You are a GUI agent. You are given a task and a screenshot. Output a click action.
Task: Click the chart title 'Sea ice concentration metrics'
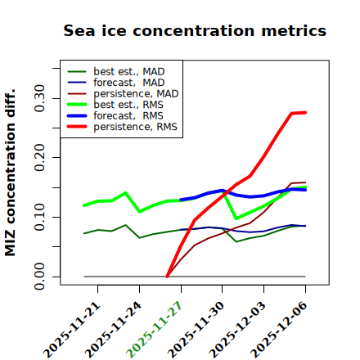click(x=195, y=30)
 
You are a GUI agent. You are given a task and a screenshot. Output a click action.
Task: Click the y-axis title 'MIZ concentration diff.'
click(x=10, y=173)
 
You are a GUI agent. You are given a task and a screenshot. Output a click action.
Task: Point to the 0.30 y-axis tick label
click(x=39, y=98)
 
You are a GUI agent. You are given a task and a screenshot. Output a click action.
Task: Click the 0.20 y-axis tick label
click(x=39, y=157)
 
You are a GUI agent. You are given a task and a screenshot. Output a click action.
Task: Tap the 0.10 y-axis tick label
click(x=39, y=217)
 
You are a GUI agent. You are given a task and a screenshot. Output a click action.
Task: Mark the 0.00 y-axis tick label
click(x=39, y=277)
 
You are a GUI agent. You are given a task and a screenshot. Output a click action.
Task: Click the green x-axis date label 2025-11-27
click(x=155, y=330)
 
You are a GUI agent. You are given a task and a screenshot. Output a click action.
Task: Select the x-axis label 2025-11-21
click(x=72, y=330)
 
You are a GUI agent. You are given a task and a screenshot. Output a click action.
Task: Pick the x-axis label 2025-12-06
click(x=279, y=330)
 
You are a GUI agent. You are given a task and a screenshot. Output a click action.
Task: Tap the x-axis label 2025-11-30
click(x=196, y=330)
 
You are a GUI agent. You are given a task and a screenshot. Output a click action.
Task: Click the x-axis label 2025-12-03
click(x=237, y=330)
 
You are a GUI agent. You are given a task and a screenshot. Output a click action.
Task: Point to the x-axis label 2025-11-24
click(x=113, y=330)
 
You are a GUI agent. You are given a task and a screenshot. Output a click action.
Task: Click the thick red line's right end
click(x=305, y=112)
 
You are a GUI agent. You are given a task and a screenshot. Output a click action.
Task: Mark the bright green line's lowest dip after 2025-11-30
click(x=236, y=218)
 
